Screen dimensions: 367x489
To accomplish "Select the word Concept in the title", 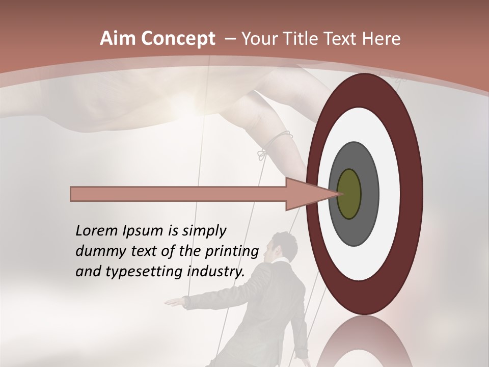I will pos(178,39).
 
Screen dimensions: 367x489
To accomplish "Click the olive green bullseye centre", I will pos(349,194).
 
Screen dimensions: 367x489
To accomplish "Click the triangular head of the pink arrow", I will pos(306,194).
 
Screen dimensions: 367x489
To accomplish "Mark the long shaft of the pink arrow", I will pos(178,194).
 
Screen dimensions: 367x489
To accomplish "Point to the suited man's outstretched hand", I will pos(175,302).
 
